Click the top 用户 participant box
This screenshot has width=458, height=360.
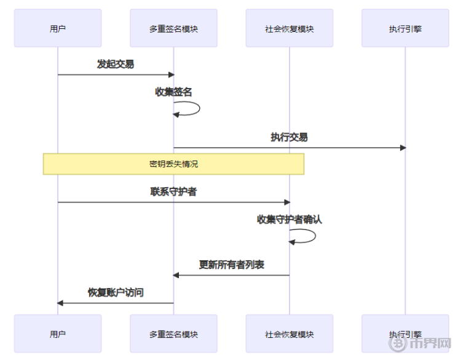click(58, 28)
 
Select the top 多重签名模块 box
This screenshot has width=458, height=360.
click(173, 28)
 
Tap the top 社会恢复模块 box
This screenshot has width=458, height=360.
click(289, 28)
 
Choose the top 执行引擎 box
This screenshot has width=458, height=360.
click(405, 28)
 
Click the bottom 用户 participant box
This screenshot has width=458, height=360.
click(58, 334)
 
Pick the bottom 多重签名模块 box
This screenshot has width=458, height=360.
click(173, 334)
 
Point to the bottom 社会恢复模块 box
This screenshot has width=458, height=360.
click(289, 334)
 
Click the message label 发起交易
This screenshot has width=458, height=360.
click(116, 64)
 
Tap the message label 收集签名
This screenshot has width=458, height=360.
click(173, 92)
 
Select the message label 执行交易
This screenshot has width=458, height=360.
click(289, 137)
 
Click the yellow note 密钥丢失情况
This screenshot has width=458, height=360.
click(173, 164)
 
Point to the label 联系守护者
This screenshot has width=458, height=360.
click(173, 192)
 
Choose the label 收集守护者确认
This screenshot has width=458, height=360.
click(289, 220)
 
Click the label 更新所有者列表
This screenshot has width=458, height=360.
click(231, 265)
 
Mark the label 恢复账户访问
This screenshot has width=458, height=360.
click(116, 292)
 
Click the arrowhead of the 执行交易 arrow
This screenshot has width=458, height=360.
click(403, 148)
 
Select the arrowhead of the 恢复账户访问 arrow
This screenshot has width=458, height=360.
click(60, 303)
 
